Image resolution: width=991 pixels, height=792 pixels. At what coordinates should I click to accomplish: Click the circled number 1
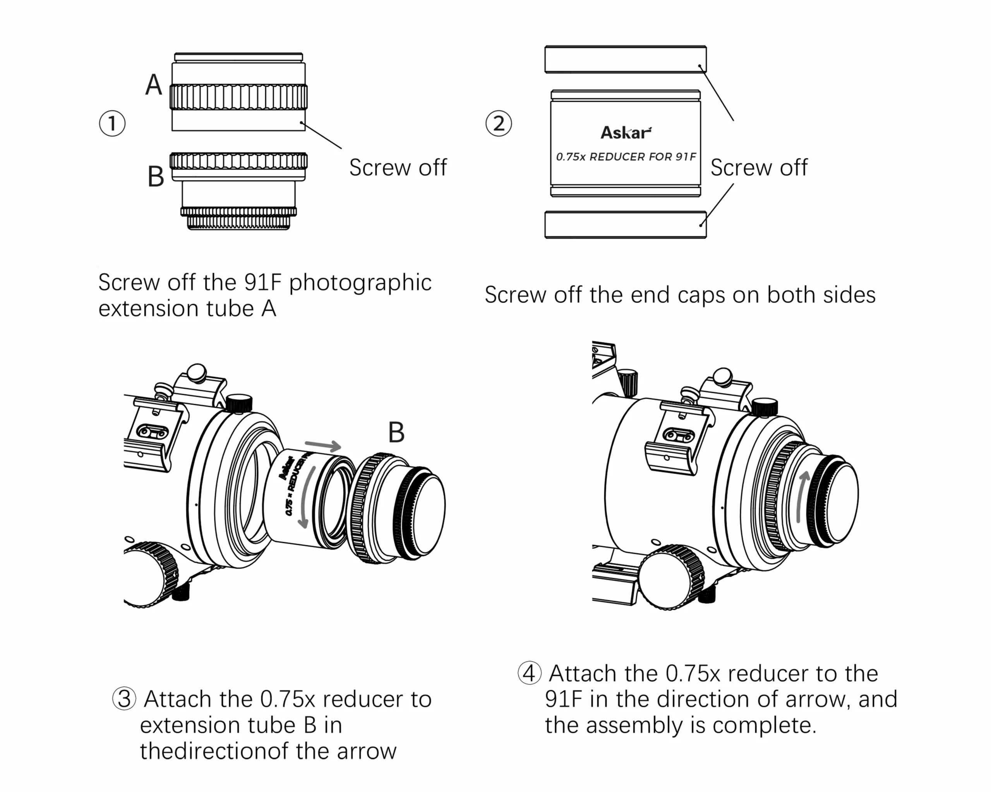pyautogui.click(x=112, y=123)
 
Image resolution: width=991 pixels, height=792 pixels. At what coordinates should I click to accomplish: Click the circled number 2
pyautogui.click(x=498, y=123)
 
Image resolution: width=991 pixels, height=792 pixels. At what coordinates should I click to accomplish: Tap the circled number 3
pyautogui.click(x=124, y=699)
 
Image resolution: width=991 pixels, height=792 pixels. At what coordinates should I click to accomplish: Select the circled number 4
pyautogui.click(x=529, y=674)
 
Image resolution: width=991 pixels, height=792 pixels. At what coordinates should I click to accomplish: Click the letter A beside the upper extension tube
pyautogui.click(x=154, y=85)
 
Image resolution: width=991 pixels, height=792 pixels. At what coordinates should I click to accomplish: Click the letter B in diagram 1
pyautogui.click(x=156, y=177)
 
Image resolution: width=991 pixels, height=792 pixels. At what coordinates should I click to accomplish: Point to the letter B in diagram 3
pyautogui.click(x=396, y=432)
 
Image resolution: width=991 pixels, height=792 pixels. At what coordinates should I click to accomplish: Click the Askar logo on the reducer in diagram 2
pyautogui.click(x=626, y=133)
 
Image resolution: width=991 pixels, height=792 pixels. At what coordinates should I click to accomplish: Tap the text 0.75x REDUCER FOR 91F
pyautogui.click(x=626, y=157)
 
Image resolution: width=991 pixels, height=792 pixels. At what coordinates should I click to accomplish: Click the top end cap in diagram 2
pyautogui.click(x=625, y=59)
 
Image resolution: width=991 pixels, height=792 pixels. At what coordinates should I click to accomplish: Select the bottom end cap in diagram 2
pyautogui.click(x=625, y=225)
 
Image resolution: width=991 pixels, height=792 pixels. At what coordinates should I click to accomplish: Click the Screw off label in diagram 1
pyautogui.click(x=398, y=167)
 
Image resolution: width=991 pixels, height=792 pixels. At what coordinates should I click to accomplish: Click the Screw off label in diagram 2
pyautogui.click(x=759, y=167)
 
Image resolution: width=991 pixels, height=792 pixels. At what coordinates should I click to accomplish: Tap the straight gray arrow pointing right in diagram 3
pyautogui.click(x=323, y=445)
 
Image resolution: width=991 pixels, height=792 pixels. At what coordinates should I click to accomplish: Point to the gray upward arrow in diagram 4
pyautogui.click(x=802, y=496)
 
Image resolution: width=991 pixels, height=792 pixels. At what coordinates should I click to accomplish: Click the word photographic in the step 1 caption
pyautogui.click(x=360, y=283)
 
